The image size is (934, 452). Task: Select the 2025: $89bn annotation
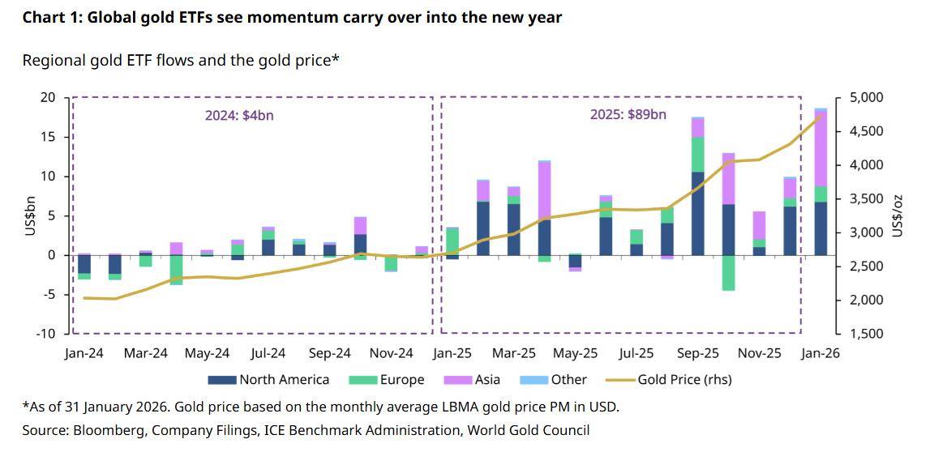[628, 115]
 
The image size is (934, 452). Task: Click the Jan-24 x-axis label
[84, 354]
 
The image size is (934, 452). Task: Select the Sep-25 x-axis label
[698, 354]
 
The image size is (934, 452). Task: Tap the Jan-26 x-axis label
[820, 354]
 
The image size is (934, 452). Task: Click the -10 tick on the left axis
[47, 334]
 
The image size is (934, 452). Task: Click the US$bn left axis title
[30, 216]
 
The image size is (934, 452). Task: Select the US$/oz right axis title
[898, 216]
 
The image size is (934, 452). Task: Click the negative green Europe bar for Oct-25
[728, 273]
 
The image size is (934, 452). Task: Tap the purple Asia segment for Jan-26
[820, 149]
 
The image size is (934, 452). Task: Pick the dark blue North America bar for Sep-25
[698, 213]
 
